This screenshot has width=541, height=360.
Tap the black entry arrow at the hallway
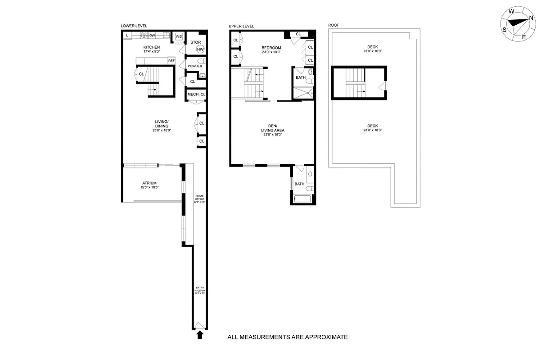(x=200, y=334)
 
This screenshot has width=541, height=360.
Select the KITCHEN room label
(x=151, y=47)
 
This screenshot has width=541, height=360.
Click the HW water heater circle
(x=200, y=49)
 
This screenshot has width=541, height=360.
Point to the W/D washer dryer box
(x=179, y=36)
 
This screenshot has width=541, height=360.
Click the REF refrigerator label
(x=171, y=61)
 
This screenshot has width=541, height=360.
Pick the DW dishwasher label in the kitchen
(x=152, y=35)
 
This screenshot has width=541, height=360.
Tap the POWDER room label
(x=195, y=66)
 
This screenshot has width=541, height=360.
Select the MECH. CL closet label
(x=196, y=94)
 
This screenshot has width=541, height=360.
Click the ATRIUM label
(x=149, y=183)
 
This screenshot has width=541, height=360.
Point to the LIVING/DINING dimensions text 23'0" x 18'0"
(x=162, y=130)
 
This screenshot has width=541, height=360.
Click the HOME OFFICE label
(x=199, y=197)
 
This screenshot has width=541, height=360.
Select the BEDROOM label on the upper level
(x=271, y=48)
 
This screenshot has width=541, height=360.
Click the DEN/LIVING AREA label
(x=273, y=128)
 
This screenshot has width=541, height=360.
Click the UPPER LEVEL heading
(x=241, y=26)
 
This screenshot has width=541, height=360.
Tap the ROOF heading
(x=334, y=26)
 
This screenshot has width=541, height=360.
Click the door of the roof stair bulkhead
(x=383, y=86)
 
